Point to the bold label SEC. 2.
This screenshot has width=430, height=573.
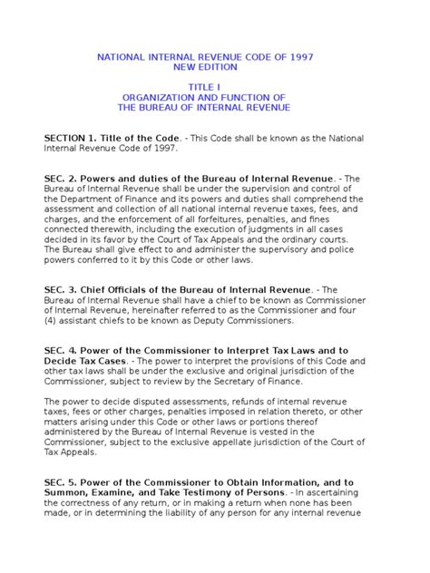tap(63, 180)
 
